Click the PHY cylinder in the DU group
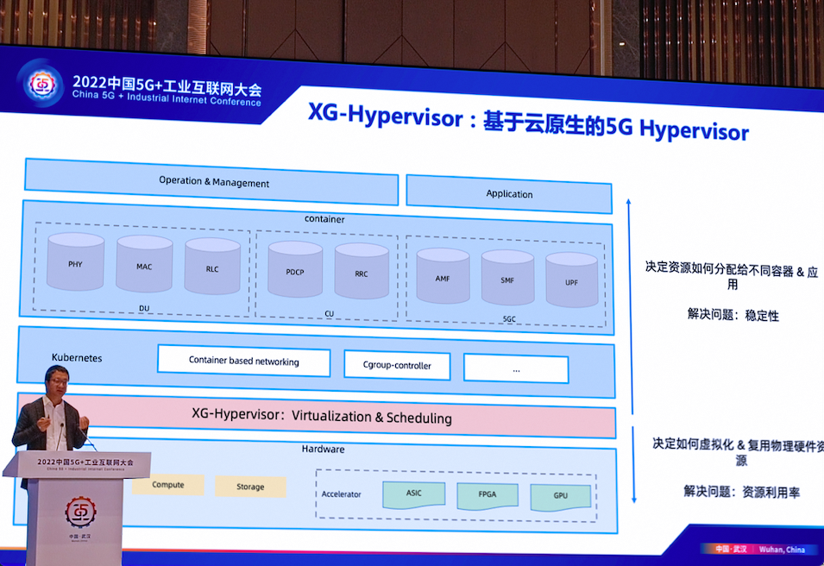pyautogui.click(x=75, y=262)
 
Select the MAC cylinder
pyautogui.click(x=144, y=265)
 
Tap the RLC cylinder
pyautogui.click(x=212, y=267)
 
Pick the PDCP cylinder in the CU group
pyautogui.click(x=295, y=270)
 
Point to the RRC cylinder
pyautogui.click(x=362, y=272)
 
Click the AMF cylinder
pyautogui.click(x=443, y=277)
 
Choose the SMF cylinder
pyautogui.click(x=507, y=279)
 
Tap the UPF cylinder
pyautogui.click(x=571, y=280)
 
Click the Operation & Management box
pyautogui.click(x=213, y=182)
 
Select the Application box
pyautogui.click(x=509, y=193)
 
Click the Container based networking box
pyautogui.click(x=243, y=362)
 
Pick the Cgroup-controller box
pyautogui.click(x=397, y=365)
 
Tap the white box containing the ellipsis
pyautogui.click(x=516, y=368)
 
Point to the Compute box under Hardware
pyautogui.click(x=168, y=485)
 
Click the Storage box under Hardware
pyautogui.click(x=250, y=487)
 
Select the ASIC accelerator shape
pyautogui.click(x=414, y=494)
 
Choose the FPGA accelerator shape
pyautogui.click(x=487, y=496)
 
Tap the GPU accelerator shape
pyautogui.click(x=561, y=498)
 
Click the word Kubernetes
pyautogui.click(x=77, y=357)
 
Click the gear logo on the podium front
pyautogui.click(x=80, y=513)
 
